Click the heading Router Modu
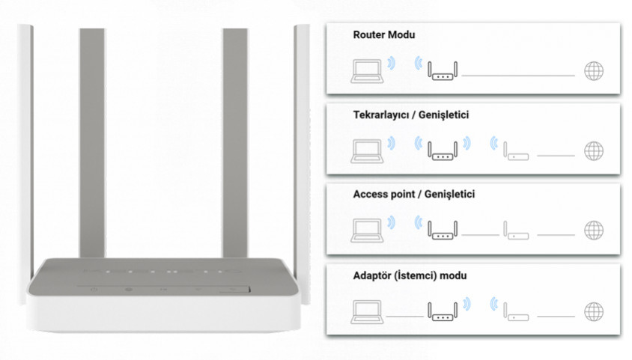383,35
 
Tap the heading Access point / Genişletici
413,195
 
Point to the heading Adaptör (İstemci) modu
409,275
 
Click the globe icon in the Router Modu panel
594,71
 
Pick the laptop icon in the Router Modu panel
366,70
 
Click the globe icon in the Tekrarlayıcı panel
594,150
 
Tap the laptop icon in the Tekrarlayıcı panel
366,150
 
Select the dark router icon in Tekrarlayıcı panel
443,150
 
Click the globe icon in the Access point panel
594,230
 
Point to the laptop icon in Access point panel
366,229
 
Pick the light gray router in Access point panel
516,231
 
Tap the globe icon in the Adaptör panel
594,311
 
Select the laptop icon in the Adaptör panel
366,310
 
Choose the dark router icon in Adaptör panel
443,310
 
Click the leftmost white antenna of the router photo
25,150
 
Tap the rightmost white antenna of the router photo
302,150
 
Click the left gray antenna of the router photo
91,142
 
